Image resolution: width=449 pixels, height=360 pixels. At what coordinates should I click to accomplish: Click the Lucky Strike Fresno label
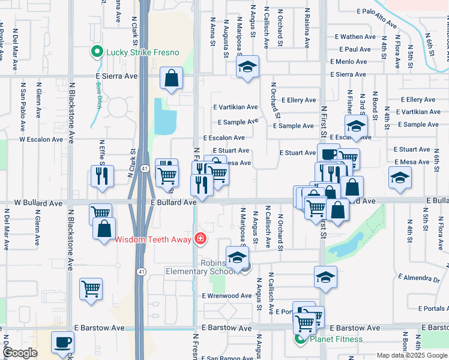point(142,52)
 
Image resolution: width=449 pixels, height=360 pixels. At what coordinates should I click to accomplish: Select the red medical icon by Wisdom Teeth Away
point(199,239)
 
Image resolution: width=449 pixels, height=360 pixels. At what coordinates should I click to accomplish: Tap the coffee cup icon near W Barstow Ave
point(63,343)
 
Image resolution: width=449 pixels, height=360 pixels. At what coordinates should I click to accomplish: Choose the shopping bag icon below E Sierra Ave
point(171,78)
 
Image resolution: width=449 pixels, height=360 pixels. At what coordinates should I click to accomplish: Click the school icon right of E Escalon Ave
point(356,125)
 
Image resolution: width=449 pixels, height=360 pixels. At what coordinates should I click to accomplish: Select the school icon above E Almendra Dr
point(325,277)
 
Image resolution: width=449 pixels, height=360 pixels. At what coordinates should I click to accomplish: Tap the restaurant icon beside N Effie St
point(102,176)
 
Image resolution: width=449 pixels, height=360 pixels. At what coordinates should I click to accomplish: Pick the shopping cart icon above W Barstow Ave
point(91,289)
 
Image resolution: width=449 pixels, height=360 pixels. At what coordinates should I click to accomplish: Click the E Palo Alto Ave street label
point(377,18)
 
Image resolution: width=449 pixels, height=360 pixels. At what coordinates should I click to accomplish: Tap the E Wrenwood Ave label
point(227,296)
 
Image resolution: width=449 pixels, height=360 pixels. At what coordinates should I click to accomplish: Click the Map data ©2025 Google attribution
point(412,355)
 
